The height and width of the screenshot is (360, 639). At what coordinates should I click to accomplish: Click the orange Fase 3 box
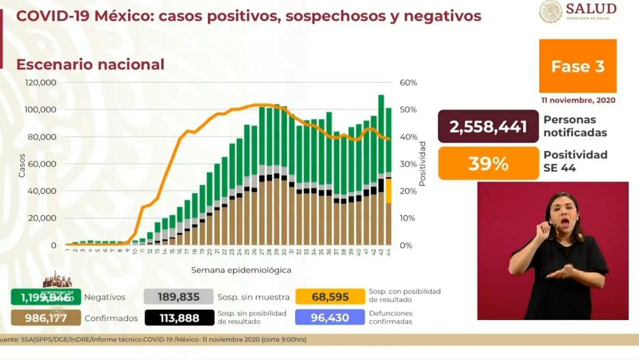click(578, 66)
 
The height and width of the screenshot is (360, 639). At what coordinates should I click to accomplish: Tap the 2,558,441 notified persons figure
click(488, 127)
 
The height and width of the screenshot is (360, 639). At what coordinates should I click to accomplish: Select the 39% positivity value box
click(488, 163)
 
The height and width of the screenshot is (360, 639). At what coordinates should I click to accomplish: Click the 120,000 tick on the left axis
click(41, 82)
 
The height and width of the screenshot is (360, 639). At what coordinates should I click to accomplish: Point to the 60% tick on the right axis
click(408, 82)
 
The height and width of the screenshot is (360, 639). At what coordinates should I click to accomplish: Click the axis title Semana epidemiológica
click(241, 270)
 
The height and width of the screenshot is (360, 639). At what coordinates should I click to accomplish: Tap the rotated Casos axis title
click(21, 165)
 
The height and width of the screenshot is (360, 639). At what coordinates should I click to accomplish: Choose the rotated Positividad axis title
click(422, 164)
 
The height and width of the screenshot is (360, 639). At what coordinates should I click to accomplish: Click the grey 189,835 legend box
click(179, 297)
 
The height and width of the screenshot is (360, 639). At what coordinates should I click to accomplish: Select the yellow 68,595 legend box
click(330, 297)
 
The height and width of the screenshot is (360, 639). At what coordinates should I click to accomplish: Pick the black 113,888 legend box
click(179, 318)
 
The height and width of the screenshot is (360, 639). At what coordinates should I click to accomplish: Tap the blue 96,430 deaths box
click(330, 318)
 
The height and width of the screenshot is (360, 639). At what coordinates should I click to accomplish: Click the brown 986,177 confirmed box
click(46, 318)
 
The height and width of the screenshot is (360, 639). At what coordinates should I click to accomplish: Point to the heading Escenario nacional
click(90, 64)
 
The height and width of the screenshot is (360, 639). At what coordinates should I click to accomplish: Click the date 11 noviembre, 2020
click(578, 100)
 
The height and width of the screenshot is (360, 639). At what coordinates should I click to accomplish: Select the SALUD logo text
click(591, 8)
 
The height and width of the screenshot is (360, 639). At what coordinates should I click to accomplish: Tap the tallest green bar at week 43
click(381, 135)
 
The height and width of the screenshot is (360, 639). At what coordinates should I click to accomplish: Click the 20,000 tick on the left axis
click(44, 218)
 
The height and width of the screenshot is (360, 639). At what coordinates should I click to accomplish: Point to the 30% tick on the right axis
click(408, 164)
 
